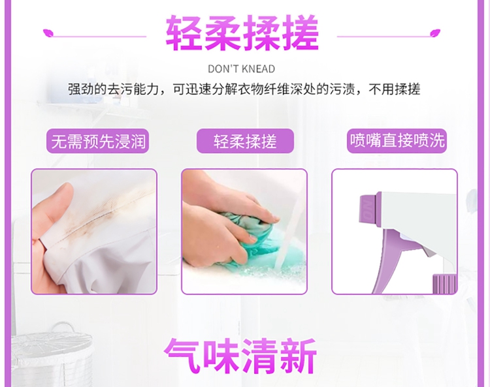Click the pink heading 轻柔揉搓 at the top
[242, 33]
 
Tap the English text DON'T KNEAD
[242, 69]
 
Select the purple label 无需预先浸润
[98, 142]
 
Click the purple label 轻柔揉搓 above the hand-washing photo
[245, 142]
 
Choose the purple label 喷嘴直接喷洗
[397, 141]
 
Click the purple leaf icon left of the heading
[48, 33]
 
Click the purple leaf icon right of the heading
[435, 33]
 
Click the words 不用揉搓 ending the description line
[395, 89]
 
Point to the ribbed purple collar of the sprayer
[444, 283]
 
